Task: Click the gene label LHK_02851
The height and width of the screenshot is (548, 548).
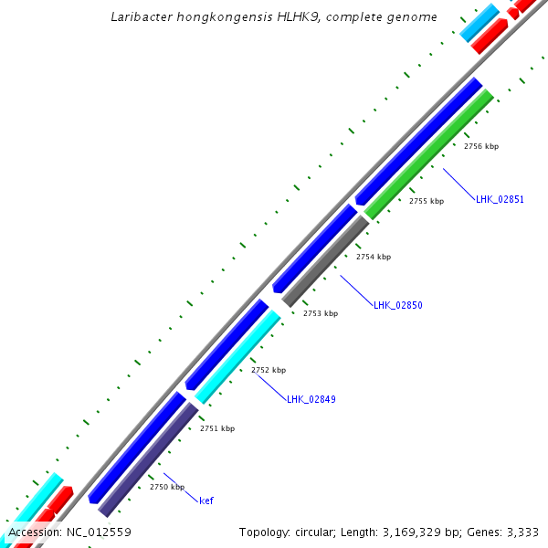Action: pos(500,199)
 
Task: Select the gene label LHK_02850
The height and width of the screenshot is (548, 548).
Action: pos(397,305)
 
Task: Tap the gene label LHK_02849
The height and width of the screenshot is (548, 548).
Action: pos(311,399)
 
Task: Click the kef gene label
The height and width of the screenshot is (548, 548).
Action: pos(206,501)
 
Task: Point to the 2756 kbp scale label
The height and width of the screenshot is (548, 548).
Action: pos(480,146)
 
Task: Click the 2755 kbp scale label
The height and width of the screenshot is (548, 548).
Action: pos(426,201)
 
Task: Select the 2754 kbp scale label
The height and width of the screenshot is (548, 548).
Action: pos(373,257)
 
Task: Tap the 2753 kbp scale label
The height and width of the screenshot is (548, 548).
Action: pos(320,313)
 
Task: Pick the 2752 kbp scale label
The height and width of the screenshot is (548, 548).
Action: pos(269,370)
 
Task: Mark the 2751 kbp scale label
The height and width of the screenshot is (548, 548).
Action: pos(217,428)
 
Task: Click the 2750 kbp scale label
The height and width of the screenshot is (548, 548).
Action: pos(167,487)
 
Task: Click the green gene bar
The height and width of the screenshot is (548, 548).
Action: pos(429,155)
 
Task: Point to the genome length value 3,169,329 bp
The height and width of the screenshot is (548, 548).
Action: pos(418,532)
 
